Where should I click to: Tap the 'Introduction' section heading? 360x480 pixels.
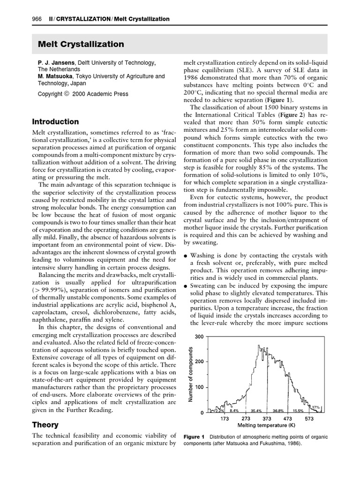(x=55, y=121)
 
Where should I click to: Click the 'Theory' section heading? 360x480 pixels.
(x=45, y=425)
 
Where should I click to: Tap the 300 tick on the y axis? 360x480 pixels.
(x=199, y=337)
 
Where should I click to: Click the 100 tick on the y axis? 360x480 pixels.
(x=199, y=387)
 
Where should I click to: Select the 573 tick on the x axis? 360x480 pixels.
(x=309, y=419)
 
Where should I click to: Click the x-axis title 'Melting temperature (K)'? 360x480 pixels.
(x=266, y=426)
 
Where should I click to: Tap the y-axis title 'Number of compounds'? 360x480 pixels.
(x=191, y=374)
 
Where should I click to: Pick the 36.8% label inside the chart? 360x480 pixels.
(x=278, y=410)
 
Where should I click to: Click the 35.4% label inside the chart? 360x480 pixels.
(x=255, y=410)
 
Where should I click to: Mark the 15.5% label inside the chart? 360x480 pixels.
(x=299, y=410)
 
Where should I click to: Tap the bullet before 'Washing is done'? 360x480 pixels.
(x=186, y=255)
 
